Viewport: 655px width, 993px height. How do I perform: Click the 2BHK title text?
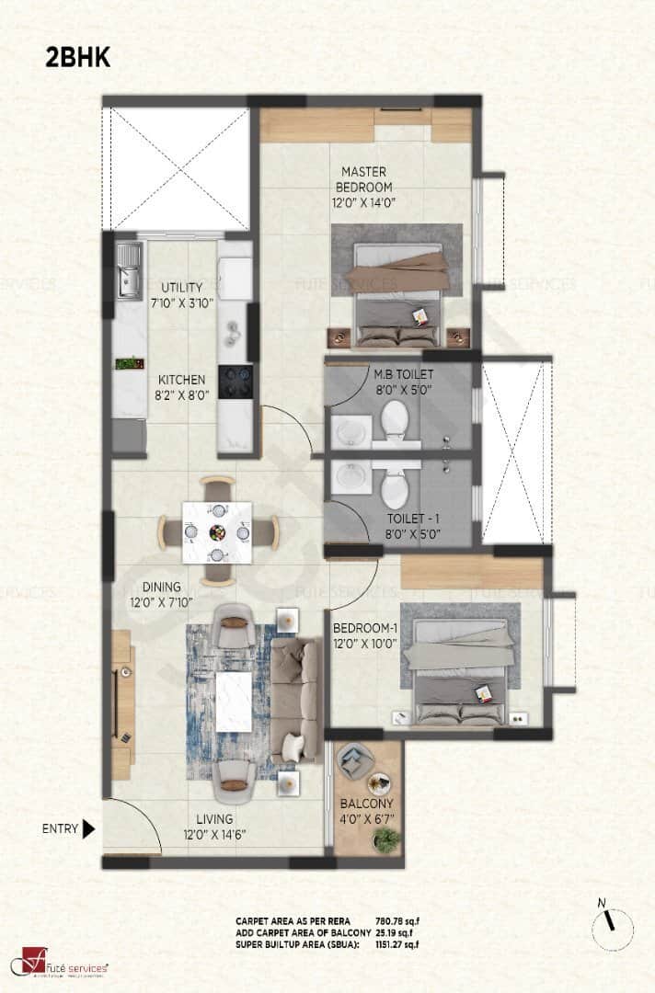[x=78, y=57]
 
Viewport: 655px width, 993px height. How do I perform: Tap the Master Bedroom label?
[x=363, y=179]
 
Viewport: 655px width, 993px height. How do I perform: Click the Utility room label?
[x=181, y=286]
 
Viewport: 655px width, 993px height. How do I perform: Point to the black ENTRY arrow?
[x=88, y=829]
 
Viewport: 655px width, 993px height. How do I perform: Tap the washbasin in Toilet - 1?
[x=348, y=475]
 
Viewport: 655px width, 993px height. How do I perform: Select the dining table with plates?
[x=216, y=531]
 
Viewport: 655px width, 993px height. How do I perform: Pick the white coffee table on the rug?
[x=233, y=701]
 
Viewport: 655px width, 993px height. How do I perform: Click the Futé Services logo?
[x=60, y=965]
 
